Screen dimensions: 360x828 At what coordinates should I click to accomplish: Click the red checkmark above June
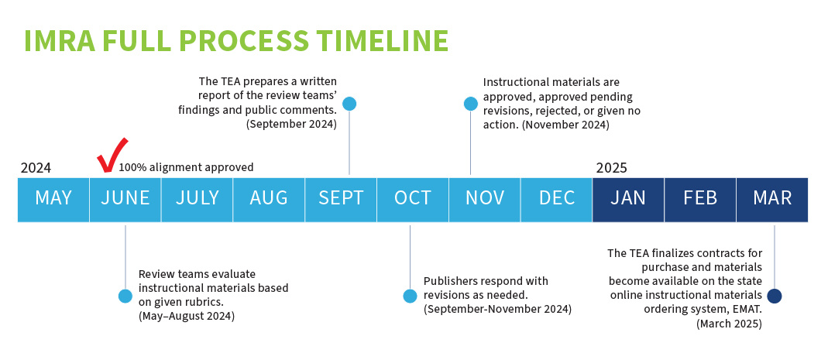112,155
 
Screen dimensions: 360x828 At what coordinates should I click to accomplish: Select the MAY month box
53,198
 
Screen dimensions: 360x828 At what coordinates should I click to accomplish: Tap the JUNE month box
125,198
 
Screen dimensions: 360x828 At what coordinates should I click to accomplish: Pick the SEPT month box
341,198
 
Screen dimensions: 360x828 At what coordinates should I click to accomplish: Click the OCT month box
413,198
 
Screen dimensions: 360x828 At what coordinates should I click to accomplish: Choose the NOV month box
485,198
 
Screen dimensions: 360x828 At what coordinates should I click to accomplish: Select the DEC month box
557,198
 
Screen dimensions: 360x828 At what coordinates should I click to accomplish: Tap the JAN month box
628,198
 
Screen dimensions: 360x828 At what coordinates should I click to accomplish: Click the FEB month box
700,198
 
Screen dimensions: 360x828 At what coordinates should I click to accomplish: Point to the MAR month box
772,198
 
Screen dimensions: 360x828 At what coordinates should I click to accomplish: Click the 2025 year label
612,168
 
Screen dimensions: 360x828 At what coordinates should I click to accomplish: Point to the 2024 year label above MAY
36,168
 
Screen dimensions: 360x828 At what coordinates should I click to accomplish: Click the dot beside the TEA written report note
349,104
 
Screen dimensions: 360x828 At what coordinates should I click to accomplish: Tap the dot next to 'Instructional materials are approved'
470,104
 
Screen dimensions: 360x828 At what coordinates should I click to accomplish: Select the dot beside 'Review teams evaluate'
125,296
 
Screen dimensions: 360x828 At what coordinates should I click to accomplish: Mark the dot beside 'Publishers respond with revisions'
410,296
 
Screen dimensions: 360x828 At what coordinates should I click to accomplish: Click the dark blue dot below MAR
775,296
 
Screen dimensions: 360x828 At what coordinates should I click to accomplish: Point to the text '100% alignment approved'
186,167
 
